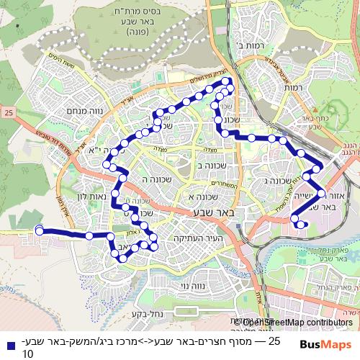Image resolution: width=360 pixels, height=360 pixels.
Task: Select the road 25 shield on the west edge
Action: click(x=8, y=112)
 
